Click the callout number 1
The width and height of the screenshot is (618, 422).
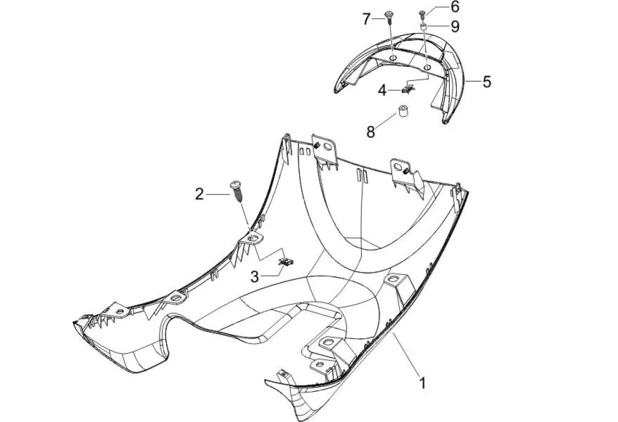coord(422,382)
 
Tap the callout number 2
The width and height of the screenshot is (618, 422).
coord(199,193)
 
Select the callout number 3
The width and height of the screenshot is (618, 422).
coord(255,277)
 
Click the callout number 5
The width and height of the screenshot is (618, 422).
coord(487,82)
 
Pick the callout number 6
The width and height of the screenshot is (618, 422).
coord(454,7)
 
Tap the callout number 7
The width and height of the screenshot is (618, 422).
coord(367,19)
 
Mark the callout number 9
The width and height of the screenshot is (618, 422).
coord(455,26)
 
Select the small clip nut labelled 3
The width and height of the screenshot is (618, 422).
coord(286,261)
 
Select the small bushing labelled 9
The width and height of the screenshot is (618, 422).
coord(424,26)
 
